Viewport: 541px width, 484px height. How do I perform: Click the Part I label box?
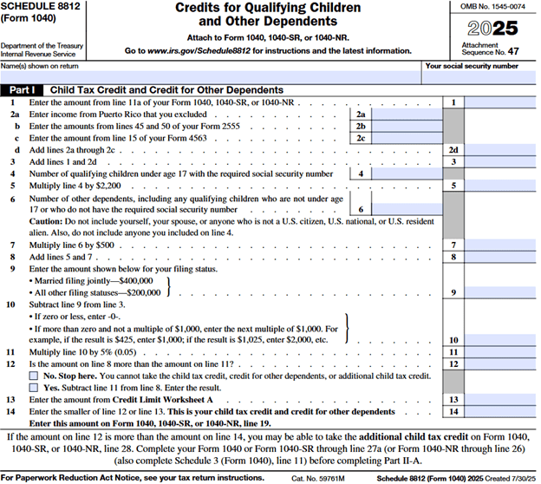(x=25, y=90)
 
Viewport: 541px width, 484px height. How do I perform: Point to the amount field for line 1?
(x=504, y=102)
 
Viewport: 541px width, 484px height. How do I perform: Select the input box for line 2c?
(x=406, y=138)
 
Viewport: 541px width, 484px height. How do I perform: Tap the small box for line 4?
(x=406, y=173)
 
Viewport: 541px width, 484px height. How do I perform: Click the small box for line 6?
(x=406, y=209)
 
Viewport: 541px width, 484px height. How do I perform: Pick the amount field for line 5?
(x=504, y=186)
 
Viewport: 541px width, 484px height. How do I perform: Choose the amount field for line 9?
(x=504, y=293)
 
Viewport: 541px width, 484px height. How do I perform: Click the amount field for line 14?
(x=504, y=410)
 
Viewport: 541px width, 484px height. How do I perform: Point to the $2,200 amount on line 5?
(x=121, y=186)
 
